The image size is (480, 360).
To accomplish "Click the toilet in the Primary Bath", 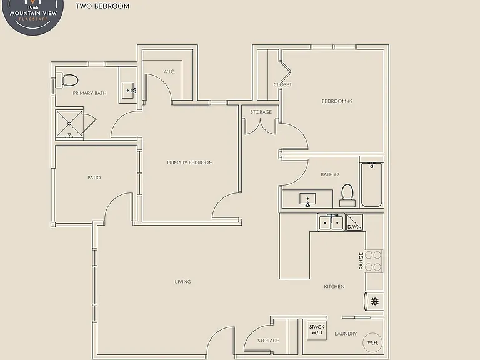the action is pos(67,80).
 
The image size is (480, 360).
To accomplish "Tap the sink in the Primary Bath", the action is pos(128,91).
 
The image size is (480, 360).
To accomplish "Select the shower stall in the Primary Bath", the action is pos(69,124).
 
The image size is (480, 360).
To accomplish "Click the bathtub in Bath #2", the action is pos(372,184).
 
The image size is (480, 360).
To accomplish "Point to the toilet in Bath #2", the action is pos(347,195).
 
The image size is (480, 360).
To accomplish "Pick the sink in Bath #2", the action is pos(307,199).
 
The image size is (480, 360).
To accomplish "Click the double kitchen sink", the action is pos(331,222).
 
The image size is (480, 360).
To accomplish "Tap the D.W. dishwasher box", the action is pos(354,222).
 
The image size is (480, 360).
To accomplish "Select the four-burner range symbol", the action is pos(373,261).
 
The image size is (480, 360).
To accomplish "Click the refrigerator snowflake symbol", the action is pos(375,301).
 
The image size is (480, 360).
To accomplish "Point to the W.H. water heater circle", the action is pos(373,343).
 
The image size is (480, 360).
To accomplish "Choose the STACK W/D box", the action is pos(317,330).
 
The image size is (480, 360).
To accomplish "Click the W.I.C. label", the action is pos(169,72).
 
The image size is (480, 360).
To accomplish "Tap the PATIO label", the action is pos(94,177).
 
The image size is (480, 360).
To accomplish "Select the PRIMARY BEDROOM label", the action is pos(190,162).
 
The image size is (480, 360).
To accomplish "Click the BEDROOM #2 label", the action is pos(337,101).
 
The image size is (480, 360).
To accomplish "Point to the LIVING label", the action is pos(182,282).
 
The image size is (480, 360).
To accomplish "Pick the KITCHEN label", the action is pos(334,286).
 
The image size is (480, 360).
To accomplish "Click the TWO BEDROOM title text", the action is pos(102,6).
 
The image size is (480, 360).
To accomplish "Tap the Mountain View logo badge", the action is pos(32,15).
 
